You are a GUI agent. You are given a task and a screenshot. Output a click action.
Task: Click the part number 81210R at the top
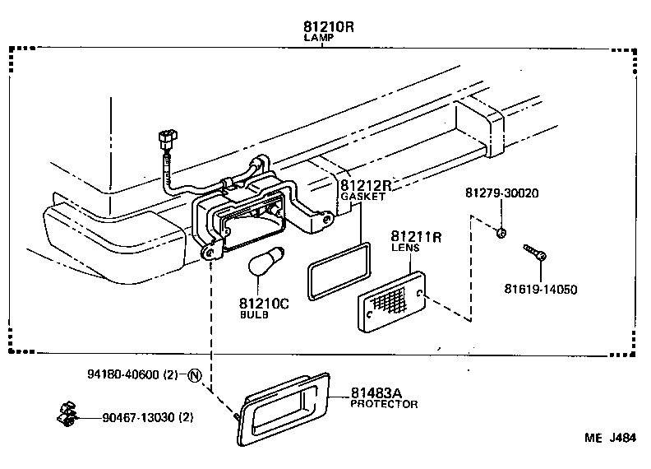coord(328,26)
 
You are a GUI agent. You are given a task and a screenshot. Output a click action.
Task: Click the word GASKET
coord(362,197)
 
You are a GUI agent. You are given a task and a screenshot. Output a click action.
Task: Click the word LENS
coord(405,248)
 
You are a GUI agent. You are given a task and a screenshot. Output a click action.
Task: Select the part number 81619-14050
coord(541,289)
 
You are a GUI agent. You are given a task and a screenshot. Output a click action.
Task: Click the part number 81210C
coord(265,304)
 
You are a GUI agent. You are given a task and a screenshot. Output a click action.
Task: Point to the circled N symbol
coord(194,377)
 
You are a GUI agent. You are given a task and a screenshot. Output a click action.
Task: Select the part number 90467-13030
coord(136,417)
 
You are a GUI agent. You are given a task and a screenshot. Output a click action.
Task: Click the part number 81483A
coord(379,392)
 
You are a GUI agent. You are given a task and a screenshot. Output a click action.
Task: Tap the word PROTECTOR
coord(384,404)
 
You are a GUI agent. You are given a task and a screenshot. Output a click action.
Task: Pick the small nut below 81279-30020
coord(500,234)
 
